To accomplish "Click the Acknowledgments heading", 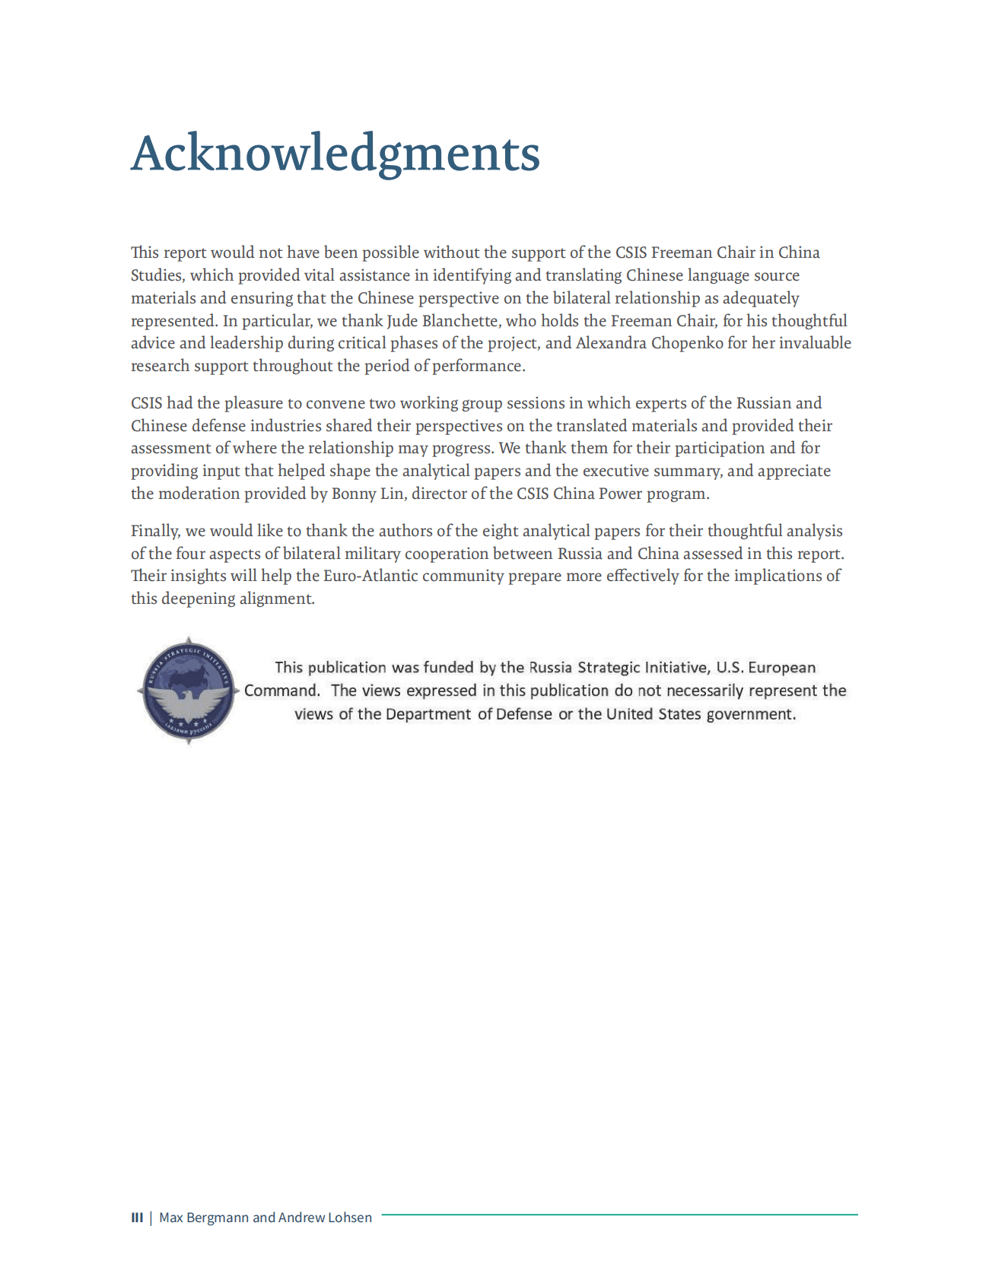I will point(335,154).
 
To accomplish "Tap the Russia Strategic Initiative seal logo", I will point(188,691).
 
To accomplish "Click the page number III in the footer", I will point(137,1218).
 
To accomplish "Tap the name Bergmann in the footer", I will point(217,1218).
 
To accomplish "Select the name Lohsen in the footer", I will point(349,1218).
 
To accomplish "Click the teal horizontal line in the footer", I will point(619,1215).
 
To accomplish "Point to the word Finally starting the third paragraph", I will point(155,531).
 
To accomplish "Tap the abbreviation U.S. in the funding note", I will point(730,668).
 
